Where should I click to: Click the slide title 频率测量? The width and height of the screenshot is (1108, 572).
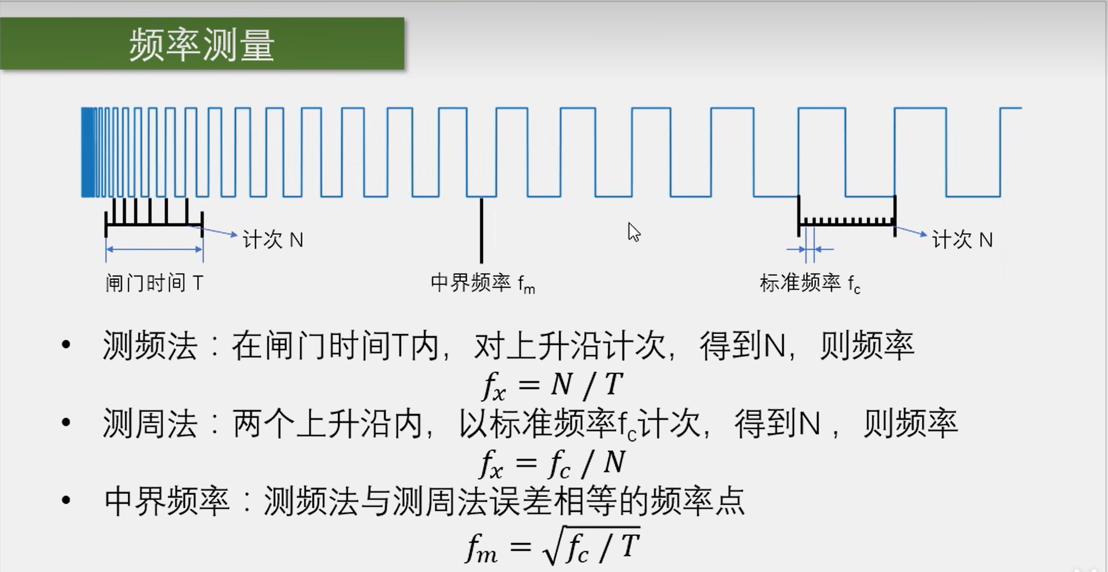pyautogui.click(x=202, y=45)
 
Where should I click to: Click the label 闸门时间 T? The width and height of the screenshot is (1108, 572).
pyautogui.click(x=154, y=283)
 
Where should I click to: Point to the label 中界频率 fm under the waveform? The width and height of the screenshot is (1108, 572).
pyautogui.click(x=482, y=283)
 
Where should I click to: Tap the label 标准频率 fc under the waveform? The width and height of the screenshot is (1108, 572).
pyautogui.click(x=809, y=283)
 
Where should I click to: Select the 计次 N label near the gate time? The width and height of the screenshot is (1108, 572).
pyautogui.click(x=272, y=240)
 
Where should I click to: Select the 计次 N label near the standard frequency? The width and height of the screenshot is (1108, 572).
pyautogui.click(x=962, y=240)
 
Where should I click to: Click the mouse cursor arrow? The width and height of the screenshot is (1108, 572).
pyautogui.click(x=633, y=232)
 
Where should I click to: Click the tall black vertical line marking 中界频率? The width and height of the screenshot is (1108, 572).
pyautogui.click(x=481, y=229)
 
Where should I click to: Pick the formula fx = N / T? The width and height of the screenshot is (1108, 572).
pyautogui.click(x=552, y=385)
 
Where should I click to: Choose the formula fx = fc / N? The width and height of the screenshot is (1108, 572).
pyautogui.click(x=552, y=463)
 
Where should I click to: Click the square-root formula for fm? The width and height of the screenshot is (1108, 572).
pyautogui.click(x=552, y=546)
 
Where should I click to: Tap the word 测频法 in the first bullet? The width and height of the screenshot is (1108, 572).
pyautogui.click(x=150, y=346)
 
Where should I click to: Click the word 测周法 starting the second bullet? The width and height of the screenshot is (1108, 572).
pyautogui.click(x=150, y=424)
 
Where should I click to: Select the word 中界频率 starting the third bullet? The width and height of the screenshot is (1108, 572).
pyautogui.click(x=167, y=501)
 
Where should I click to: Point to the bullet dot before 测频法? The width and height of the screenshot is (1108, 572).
pyautogui.click(x=66, y=345)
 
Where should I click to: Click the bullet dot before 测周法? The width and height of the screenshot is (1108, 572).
pyautogui.click(x=66, y=422)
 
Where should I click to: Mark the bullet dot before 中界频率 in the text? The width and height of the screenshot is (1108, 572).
pyautogui.click(x=66, y=500)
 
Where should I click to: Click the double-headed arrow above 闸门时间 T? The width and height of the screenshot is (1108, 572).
pyautogui.click(x=154, y=249)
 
